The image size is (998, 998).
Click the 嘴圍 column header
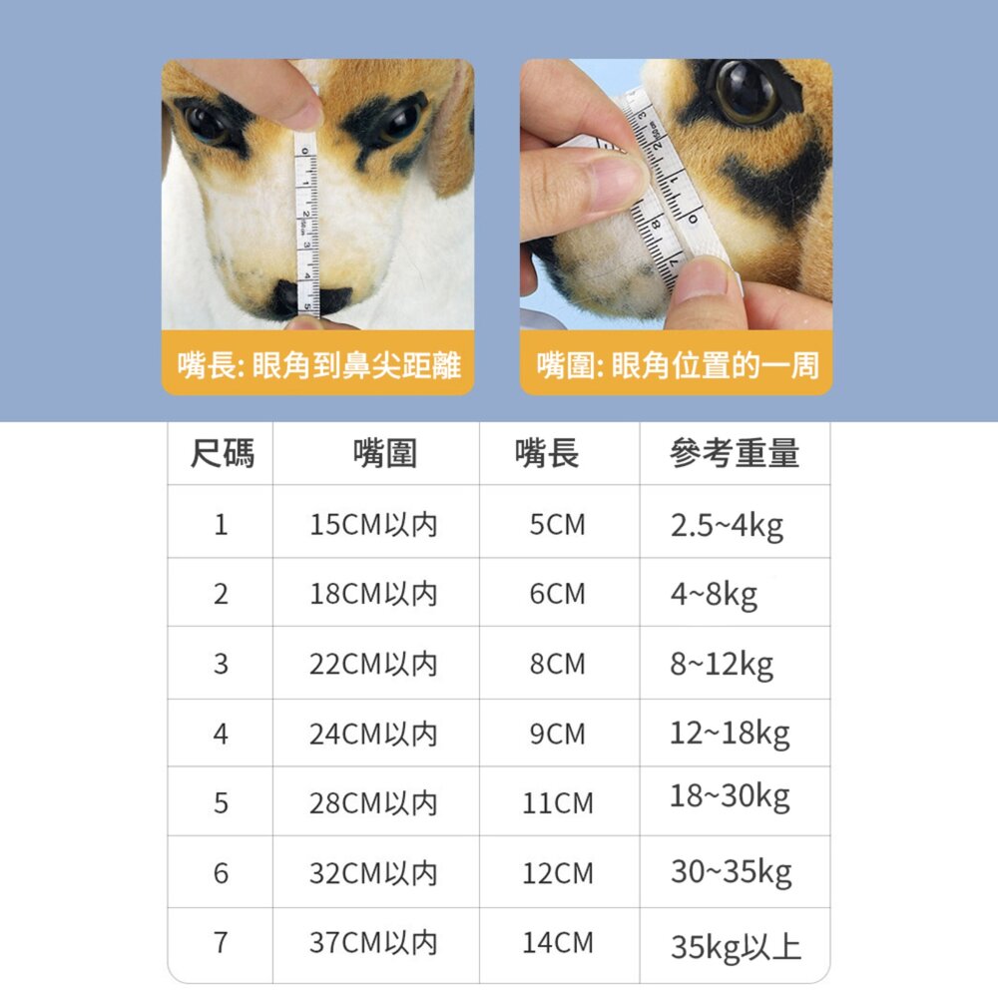point(385,454)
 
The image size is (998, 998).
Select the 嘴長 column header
point(547,454)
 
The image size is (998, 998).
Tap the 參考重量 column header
point(735,454)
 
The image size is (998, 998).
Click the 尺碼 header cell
point(222,454)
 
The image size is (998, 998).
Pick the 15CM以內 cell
point(373,525)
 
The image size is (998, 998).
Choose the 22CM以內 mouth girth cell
point(373,665)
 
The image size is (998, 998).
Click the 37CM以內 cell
point(373,943)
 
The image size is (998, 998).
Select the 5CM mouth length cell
point(558,525)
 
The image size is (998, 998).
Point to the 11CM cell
point(558,803)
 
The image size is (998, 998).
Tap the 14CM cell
point(558,943)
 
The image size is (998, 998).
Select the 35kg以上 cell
point(736,946)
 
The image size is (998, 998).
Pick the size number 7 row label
point(221,943)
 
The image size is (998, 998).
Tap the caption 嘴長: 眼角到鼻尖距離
point(319,366)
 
